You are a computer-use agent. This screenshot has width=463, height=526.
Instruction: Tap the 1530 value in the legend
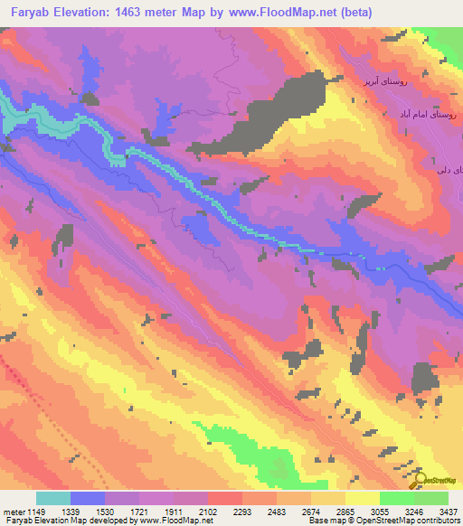pos(122,511)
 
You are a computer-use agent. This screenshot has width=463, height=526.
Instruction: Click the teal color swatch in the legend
pos(53,498)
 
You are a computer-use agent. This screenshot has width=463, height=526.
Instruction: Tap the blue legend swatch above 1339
pos(88,498)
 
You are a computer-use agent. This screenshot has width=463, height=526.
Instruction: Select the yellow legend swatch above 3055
pos(363,498)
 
